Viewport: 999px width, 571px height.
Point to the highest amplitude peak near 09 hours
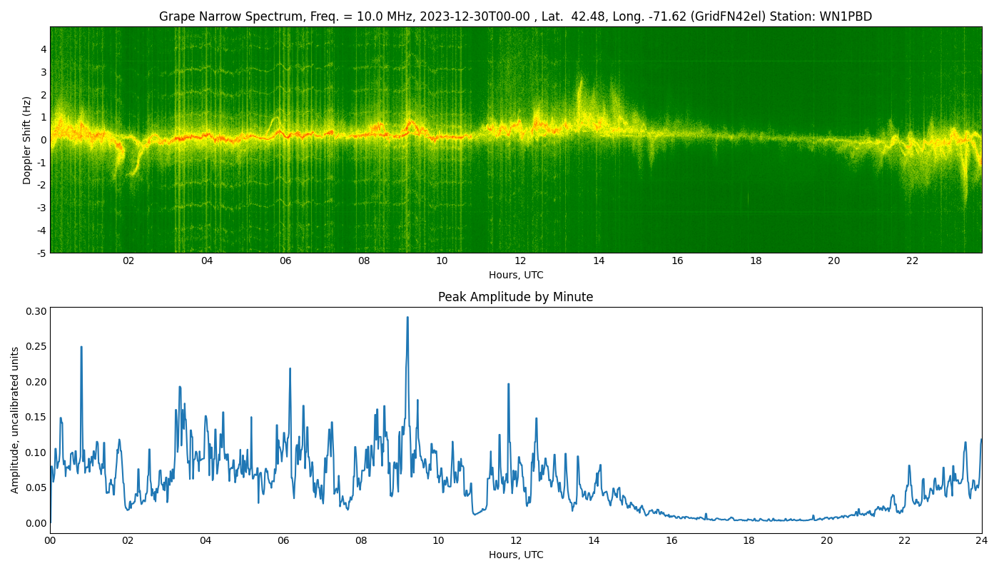point(407,318)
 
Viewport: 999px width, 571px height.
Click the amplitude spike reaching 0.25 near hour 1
point(81,347)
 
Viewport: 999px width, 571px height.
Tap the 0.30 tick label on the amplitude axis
point(36,311)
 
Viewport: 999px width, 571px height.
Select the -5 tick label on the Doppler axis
point(42,253)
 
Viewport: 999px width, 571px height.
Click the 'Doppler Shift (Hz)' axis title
point(27,140)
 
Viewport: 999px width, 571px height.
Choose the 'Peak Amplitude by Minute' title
point(515,297)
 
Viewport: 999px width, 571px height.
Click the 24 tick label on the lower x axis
point(982,540)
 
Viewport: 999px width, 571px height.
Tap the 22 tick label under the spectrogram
point(912,261)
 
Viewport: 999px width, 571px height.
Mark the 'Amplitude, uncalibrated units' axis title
point(15,420)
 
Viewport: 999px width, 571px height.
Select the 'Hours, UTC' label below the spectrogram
point(515,275)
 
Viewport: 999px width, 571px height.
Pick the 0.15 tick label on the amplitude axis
point(36,417)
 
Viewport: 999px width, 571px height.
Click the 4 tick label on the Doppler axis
point(44,49)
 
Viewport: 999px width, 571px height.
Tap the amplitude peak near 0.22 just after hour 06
point(290,369)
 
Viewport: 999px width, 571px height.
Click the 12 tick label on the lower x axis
point(516,540)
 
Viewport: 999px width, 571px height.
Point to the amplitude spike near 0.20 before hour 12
point(508,384)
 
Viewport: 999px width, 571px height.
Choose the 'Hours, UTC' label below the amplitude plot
point(515,555)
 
